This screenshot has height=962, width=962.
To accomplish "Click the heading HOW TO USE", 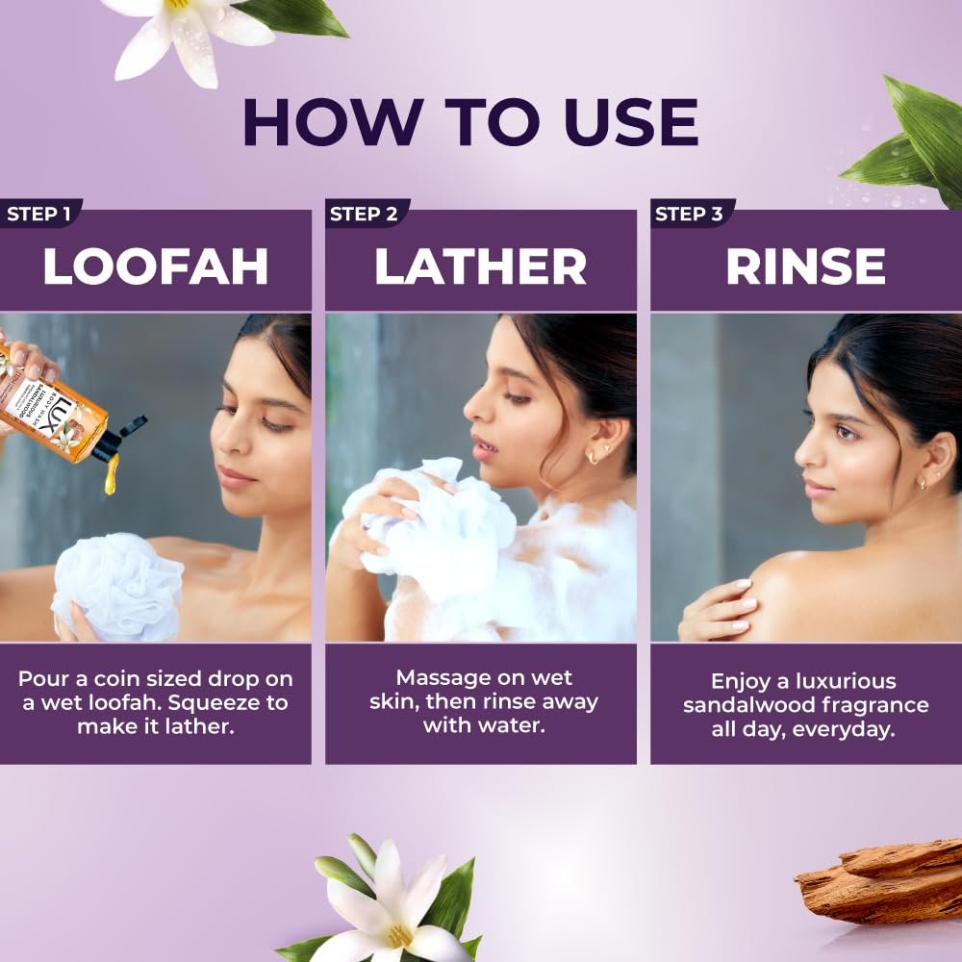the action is click(x=470, y=121).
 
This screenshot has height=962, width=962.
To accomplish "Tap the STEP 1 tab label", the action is click(x=38, y=215).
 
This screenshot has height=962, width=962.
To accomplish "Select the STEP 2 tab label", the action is click(x=364, y=215).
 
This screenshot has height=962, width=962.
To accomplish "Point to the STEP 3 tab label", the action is click(x=689, y=215).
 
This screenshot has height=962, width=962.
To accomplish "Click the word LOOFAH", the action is click(x=156, y=266).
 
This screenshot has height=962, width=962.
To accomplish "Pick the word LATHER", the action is click(x=480, y=266).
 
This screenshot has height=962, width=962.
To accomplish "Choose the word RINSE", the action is click(x=805, y=266).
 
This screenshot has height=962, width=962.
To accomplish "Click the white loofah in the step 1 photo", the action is click(x=116, y=586).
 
